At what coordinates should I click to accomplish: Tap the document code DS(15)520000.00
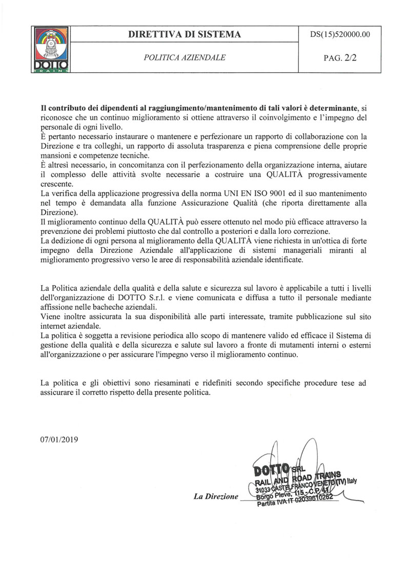coord(340,34)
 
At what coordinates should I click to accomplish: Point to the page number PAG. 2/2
coord(340,57)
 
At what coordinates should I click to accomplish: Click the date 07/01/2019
coord(58,439)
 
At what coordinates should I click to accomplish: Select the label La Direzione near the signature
coord(216,496)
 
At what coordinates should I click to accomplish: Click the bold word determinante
coord(327,109)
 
